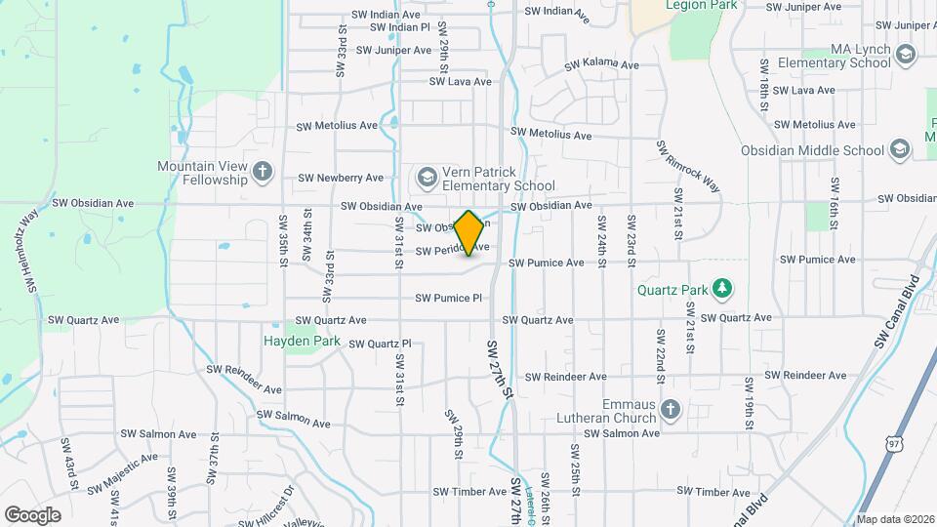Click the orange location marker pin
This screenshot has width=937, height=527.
469,233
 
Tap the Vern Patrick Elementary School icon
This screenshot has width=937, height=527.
426,177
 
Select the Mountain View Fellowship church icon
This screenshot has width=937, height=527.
262,173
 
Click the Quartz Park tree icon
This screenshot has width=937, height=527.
722,288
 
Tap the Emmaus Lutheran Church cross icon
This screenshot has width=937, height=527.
670,407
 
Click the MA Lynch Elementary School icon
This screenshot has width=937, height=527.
905,54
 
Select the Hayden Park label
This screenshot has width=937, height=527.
302,342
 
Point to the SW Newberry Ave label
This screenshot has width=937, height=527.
341,178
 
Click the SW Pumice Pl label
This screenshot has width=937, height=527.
449,298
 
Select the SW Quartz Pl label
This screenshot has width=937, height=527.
380,344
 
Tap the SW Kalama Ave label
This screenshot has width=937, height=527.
601,64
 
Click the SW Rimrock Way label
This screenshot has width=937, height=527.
687,167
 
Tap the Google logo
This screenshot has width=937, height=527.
32,514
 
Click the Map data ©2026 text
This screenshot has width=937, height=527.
895,519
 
